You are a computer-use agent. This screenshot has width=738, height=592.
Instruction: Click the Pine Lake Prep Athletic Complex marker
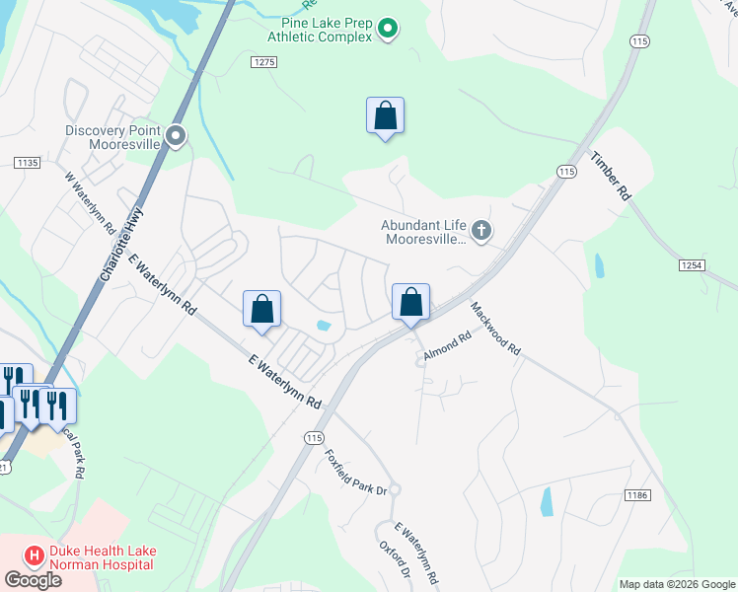pyautogui.click(x=388, y=29)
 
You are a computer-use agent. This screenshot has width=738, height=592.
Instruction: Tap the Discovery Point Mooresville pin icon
pyautogui.click(x=177, y=136)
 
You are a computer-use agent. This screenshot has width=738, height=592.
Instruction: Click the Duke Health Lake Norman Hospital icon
pyautogui.click(x=33, y=556)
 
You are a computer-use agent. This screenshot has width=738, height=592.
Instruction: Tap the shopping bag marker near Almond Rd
pyautogui.click(x=411, y=302)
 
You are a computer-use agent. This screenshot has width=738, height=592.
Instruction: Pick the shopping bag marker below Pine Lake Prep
pyautogui.click(x=385, y=115)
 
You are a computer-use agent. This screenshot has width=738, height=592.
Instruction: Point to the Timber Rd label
pyautogui.click(x=610, y=177)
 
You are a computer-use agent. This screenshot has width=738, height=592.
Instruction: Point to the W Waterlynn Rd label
pyautogui.click(x=90, y=203)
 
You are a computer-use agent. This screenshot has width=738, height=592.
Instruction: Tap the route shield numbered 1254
pyautogui.click(x=692, y=265)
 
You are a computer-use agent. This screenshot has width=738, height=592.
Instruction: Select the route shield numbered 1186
pyautogui.click(x=636, y=493)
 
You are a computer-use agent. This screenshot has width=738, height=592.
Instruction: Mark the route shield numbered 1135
pyautogui.click(x=27, y=162)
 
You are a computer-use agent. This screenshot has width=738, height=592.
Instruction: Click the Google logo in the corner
pyautogui.click(x=32, y=579)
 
